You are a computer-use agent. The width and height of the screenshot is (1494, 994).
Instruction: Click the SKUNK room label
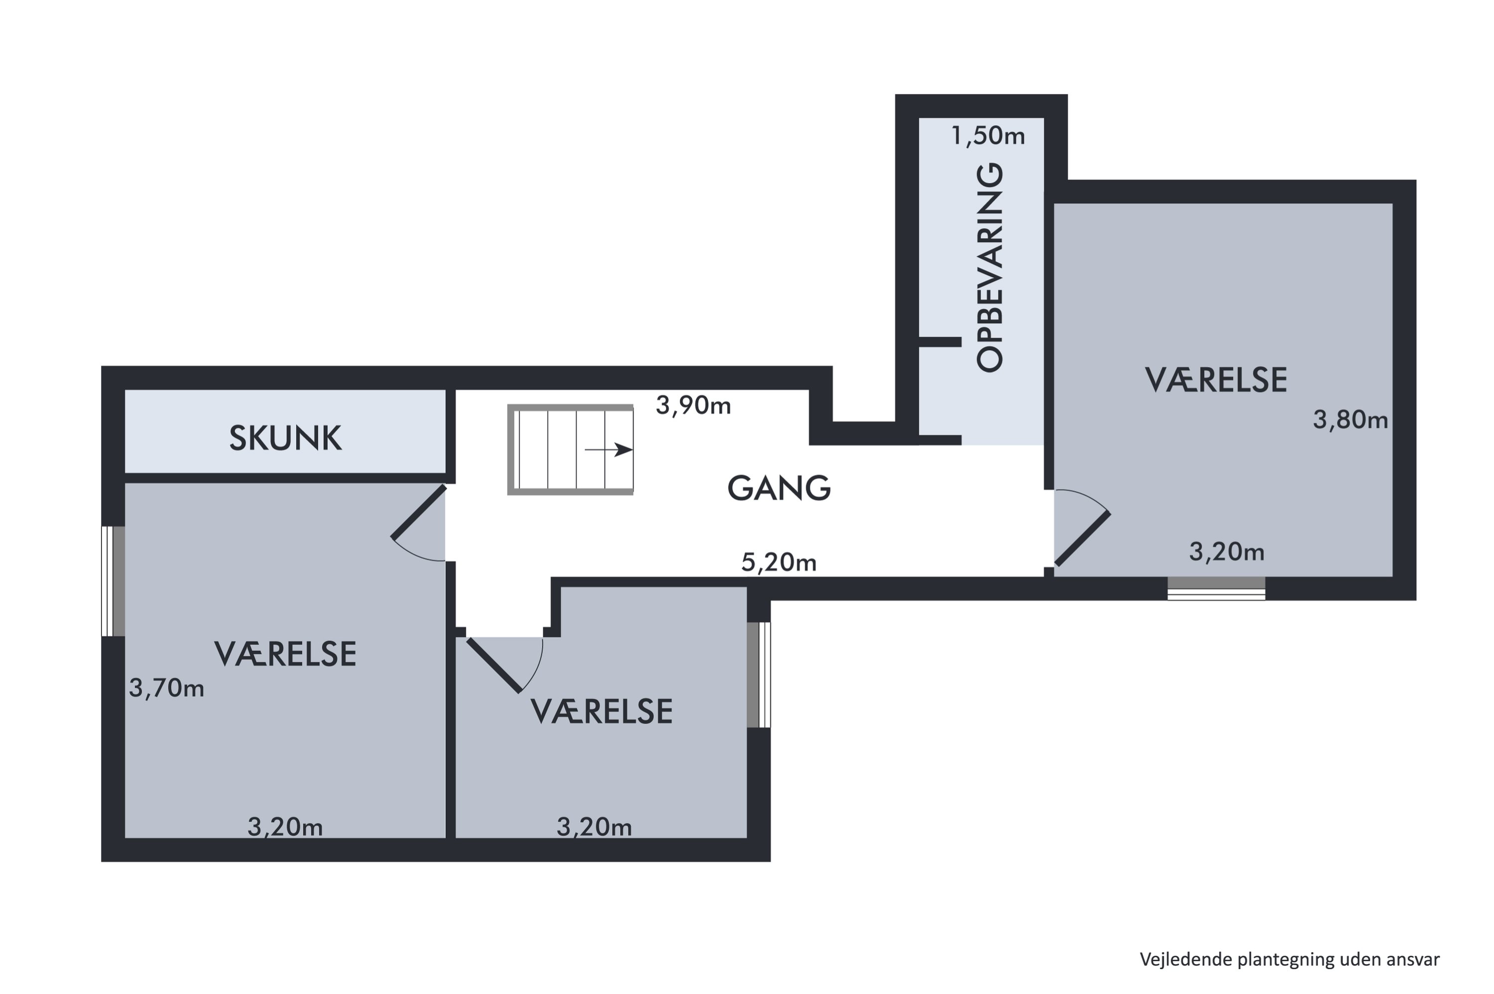pyautogui.click(x=285, y=439)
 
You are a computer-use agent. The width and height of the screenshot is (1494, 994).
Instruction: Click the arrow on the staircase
pyautogui.click(x=608, y=450)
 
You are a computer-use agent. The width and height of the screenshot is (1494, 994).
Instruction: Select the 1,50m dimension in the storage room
pyautogui.click(x=988, y=136)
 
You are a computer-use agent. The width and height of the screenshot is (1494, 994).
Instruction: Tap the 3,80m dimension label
pyautogui.click(x=1350, y=420)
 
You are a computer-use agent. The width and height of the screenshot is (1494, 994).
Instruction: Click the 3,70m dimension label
pyautogui.click(x=166, y=688)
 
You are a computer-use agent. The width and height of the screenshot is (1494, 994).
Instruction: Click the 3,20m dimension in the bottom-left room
pyautogui.click(x=285, y=827)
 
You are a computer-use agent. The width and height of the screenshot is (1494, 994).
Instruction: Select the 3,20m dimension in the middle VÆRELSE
pyautogui.click(x=594, y=827)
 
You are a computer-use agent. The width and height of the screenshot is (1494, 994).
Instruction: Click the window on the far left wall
pyautogui.click(x=113, y=581)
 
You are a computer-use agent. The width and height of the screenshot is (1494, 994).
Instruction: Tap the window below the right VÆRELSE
pyautogui.click(x=1216, y=588)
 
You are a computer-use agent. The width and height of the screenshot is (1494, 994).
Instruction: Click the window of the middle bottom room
pyautogui.click(x=758, y=674)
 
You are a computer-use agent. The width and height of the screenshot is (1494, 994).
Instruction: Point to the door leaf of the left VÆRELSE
pyautogui.click(x=418, y=512)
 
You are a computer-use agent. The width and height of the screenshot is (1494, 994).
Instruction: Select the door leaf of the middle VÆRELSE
pyautogui.click(x=494, y=665)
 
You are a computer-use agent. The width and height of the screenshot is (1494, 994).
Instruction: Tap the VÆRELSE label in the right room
pyautogui.click(x=1215, y=380)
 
